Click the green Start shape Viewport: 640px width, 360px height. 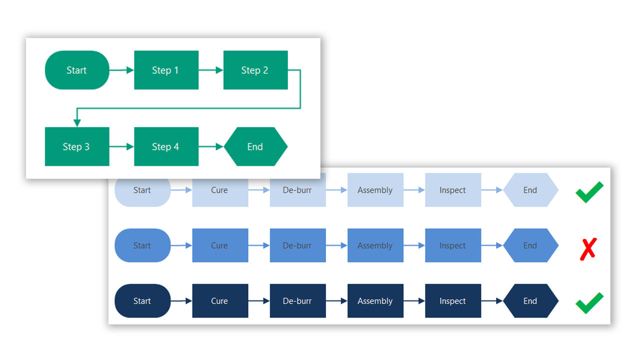pos(77,70)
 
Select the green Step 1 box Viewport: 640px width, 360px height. pos(166,70)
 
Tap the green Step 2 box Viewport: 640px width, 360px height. pos(255,70)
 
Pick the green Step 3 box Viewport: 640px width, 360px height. pos(77,146)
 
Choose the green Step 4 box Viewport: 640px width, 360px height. pos(166,146)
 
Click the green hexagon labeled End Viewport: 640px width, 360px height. pos(255,146)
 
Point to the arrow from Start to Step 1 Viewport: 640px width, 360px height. pos(121,70)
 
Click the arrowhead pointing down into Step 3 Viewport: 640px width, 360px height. pos(77,122)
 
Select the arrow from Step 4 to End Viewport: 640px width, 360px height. pos(211,146)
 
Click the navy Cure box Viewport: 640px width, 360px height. pos(220,301)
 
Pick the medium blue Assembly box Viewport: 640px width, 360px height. pos(375,245)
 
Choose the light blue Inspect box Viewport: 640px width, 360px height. pos(452,190)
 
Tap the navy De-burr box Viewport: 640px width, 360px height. pos(297,301)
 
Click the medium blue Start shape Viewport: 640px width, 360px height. pos(142,245)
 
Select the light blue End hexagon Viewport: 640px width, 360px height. pos(530,190)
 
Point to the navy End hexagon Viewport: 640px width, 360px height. pos(530,301)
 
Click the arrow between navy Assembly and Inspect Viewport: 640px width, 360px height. pos(414,301)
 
